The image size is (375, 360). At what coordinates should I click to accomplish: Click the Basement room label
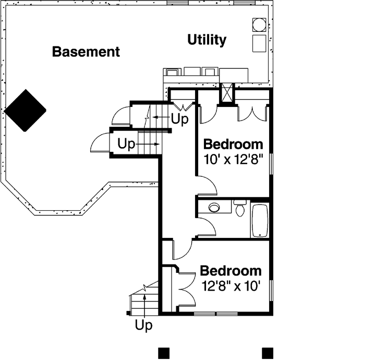[86, 52]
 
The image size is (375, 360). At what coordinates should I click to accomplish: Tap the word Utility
[207, 40]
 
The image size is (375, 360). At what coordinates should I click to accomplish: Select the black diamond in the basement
[25, 110]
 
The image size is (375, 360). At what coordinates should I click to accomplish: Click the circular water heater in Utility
[259, 24]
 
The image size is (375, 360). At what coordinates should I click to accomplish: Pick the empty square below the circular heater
[259, 43]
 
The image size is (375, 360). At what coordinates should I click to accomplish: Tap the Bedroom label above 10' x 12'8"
[233, 144]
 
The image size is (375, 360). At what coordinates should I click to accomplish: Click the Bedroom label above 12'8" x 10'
[231, 271]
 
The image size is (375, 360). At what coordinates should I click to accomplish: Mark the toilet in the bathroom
[240, 208]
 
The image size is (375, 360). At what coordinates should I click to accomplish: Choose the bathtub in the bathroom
[259, 220]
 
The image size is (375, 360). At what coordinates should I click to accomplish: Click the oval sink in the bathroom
[214, 208]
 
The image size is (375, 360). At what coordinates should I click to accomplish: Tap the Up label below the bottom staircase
[143, 326]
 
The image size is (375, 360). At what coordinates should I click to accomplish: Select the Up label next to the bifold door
[180, 119]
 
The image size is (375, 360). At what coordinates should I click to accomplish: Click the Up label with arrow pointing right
[126, 143]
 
